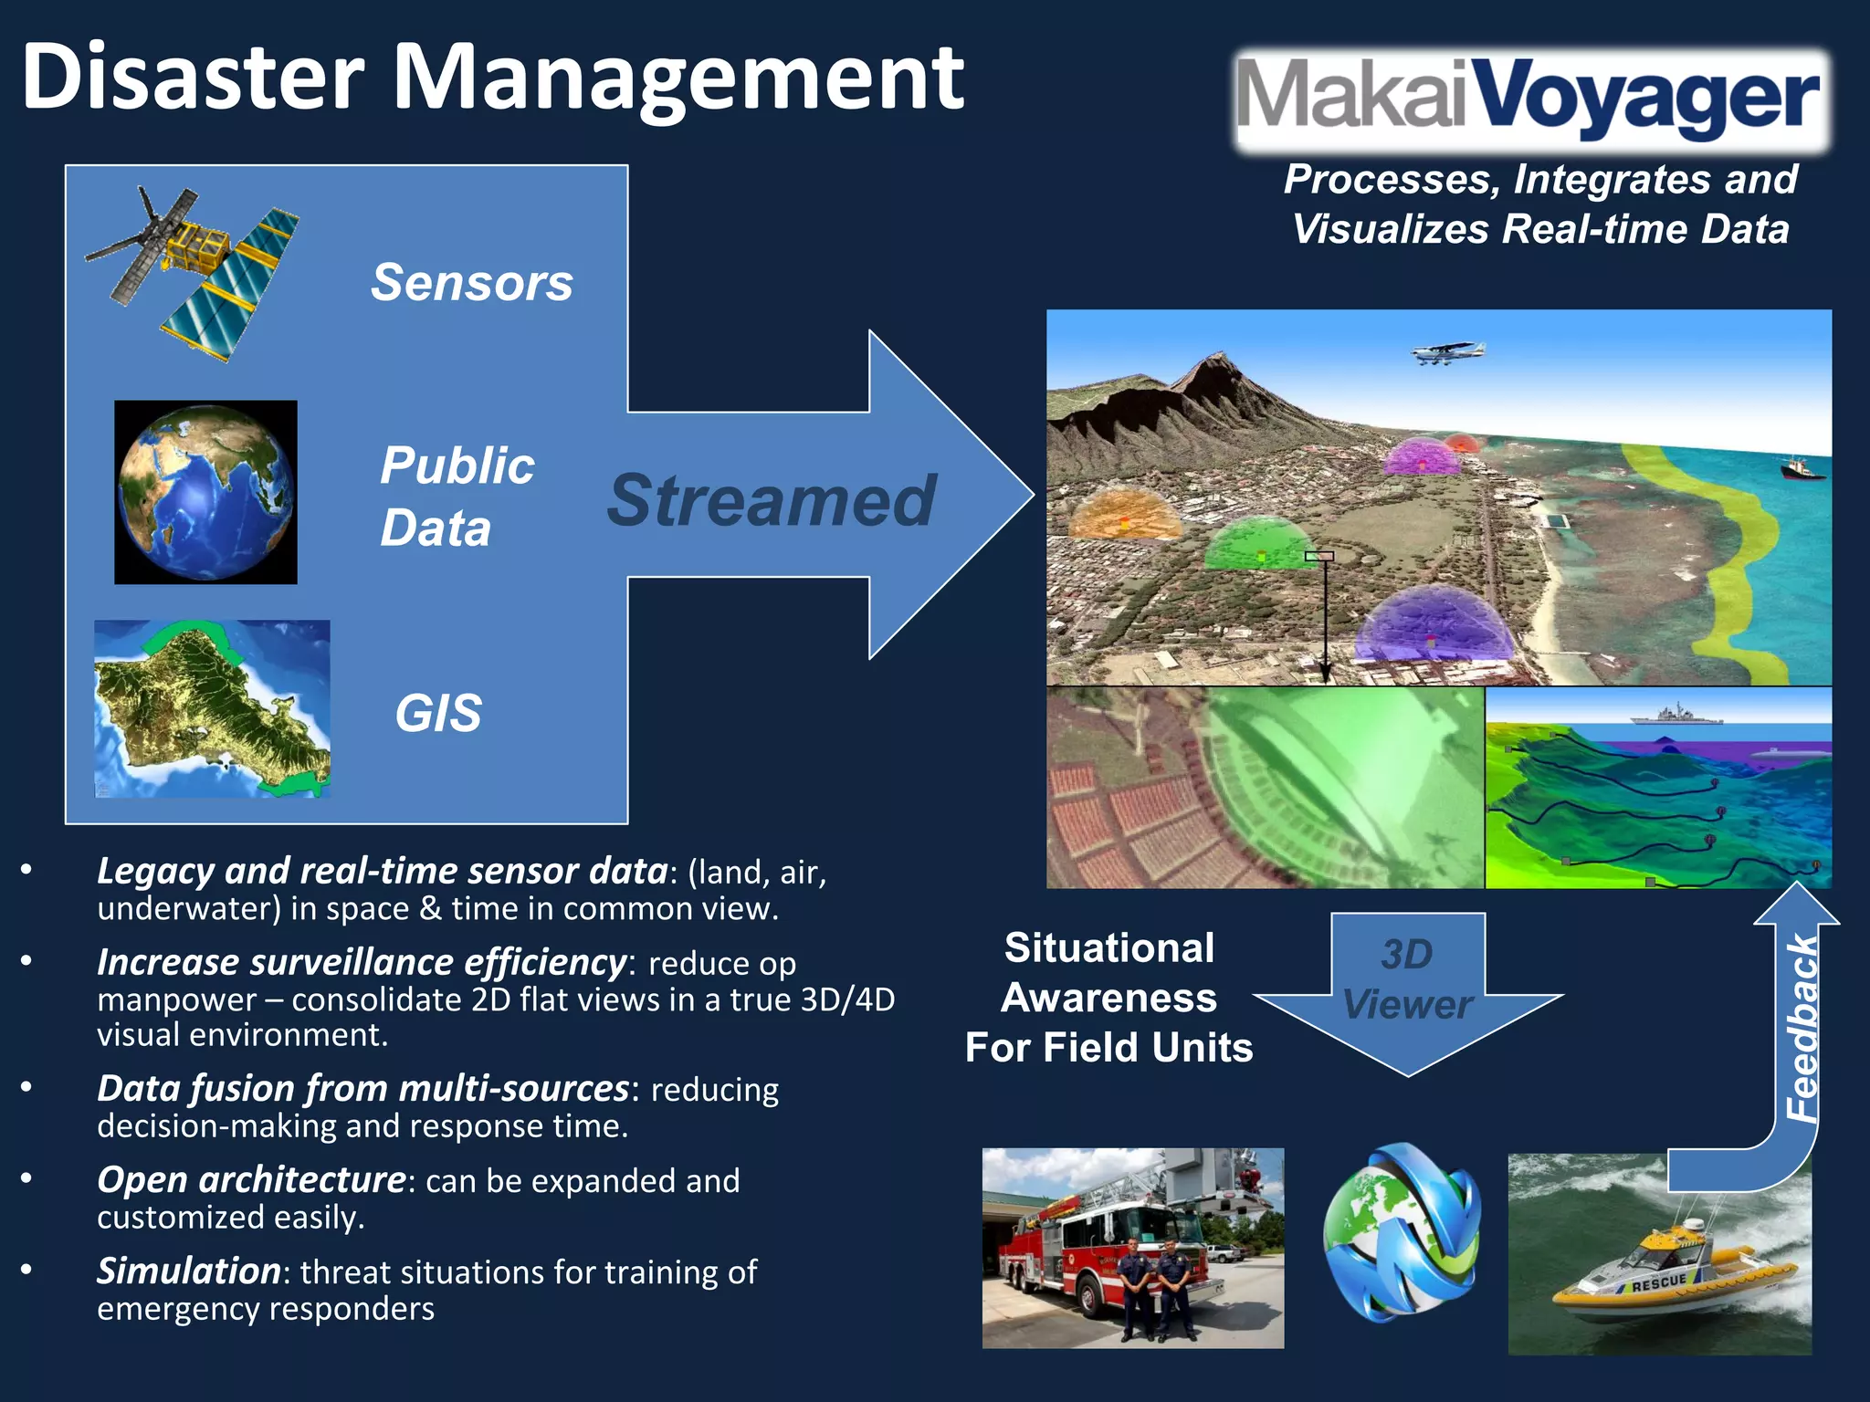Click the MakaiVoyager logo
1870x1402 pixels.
click(x=1530, y=99)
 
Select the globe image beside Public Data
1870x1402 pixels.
click(x=205, y=492)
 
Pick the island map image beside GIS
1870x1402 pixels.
click(x=212, y=708)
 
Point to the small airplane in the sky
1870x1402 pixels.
click(x=1447, y=352)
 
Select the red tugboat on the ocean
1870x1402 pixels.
click(x=1802, y=469)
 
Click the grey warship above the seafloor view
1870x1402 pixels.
click(x=1676, y=715)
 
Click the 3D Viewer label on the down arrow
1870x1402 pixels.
click(x=1407, y=979)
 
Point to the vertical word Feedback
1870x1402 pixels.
click(x=1802, y=1029)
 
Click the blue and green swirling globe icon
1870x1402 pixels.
click(x=1402, y=1233)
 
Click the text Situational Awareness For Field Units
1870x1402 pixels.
click(x=1108, y=998)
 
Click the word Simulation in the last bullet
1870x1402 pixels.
click(x=188, y=1271)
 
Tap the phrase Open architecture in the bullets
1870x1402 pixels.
click(x=251, y=1179)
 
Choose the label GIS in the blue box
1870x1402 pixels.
click(x=438, y=713)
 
